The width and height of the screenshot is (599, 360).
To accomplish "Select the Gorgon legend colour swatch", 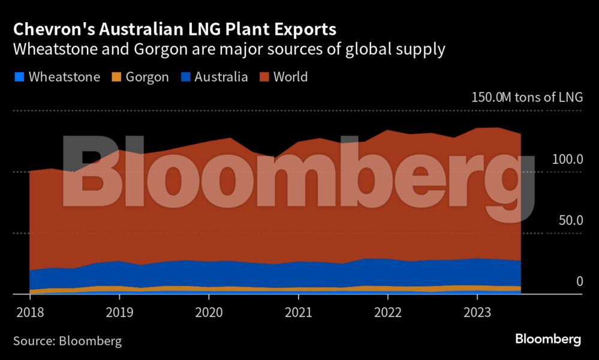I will coord(117,77).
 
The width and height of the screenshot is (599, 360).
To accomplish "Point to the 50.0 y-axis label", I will coord(570,220).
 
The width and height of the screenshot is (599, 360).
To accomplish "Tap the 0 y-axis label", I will coord(579,281).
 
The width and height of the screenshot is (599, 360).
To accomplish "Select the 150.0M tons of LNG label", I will coord(527,98).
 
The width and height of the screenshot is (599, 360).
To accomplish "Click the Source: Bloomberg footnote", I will coord(67,341).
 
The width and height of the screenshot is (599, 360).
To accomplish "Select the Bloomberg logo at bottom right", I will coord(548,340).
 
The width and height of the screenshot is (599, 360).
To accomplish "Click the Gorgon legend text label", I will coord(148,77).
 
